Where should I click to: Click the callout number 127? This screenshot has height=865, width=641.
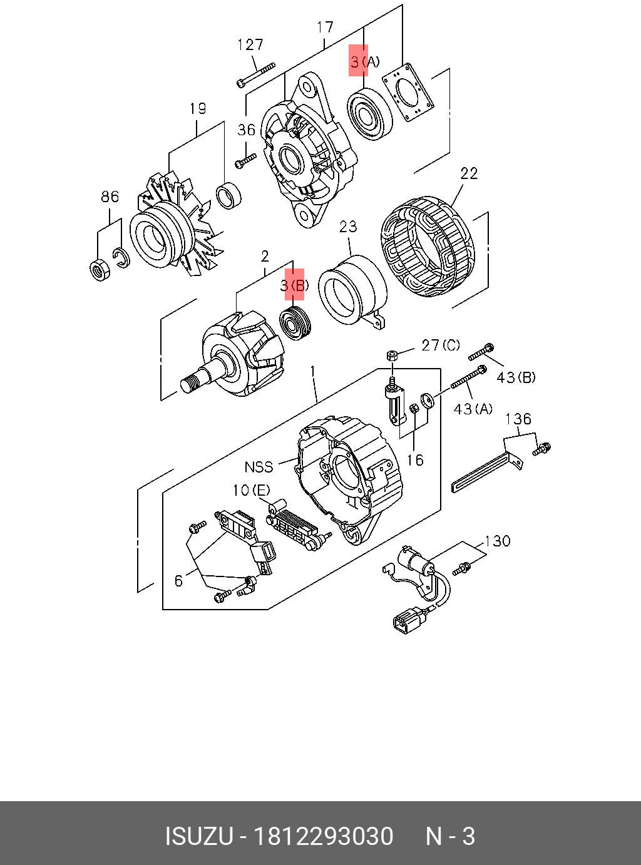point(250,45)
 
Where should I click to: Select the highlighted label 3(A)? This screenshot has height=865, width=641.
point(364,61)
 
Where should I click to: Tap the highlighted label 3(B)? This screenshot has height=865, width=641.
point(294,285)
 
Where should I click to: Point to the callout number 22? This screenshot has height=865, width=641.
point(468,173)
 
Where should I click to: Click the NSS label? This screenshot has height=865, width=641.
point(259,467)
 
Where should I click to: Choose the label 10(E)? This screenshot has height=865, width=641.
point(252,490)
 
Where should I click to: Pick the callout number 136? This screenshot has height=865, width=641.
point(518,419)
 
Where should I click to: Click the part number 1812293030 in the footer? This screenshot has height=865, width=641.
point(322,836)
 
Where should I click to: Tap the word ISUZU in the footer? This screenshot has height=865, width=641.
point(198,836)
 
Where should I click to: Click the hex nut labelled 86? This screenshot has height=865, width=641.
point(100,269)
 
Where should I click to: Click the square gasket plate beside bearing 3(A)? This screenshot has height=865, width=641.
point(408,92)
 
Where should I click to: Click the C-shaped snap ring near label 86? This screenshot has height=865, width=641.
point(121,257)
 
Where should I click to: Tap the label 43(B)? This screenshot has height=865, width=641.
point(516,377)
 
